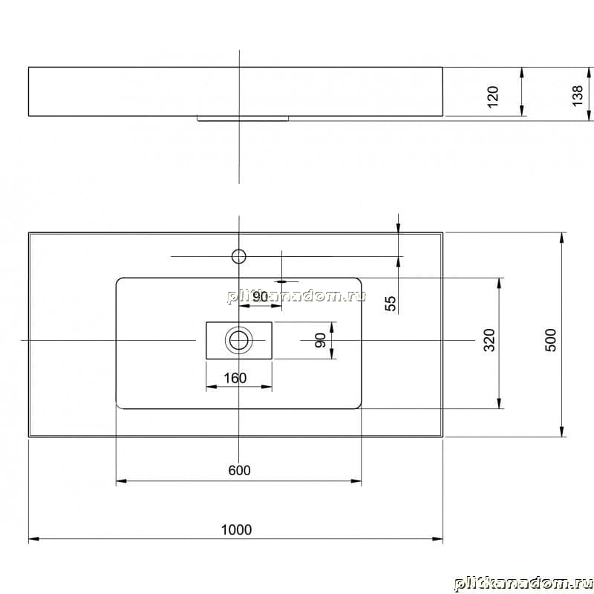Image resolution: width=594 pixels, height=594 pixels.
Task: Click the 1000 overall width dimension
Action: click(x=236, y=529)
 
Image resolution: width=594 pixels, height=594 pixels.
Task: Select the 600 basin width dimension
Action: click(x=239, y=470)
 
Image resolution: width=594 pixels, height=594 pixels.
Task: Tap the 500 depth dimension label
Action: click(x=550, y=340)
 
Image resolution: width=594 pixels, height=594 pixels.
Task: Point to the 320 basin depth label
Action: click(x=489, y=340)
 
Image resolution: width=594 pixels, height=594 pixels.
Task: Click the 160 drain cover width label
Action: click(x=235, y=378)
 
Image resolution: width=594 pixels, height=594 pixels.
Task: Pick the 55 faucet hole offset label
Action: click(x=391, y=303)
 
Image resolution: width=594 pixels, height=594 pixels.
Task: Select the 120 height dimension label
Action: click(x=493, y=97)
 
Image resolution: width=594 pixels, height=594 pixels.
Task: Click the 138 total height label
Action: click(x=578, y=96)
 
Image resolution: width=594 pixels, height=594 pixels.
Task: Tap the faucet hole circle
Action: click(x=238, y=256)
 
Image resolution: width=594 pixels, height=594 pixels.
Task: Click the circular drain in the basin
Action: click(x=238, y=340)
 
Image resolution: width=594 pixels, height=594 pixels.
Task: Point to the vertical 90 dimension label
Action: click(x=321, y=340)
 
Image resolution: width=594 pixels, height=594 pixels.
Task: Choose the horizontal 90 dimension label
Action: click(x=261, y=296)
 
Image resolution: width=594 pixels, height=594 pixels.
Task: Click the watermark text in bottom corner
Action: click(x=523, y=584)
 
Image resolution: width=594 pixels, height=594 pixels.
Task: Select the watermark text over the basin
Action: click(x=296, y=296)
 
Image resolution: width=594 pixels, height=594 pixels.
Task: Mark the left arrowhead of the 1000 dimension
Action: click(x=34, y=539)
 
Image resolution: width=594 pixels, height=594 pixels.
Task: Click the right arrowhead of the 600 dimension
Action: click(x=356, y=481)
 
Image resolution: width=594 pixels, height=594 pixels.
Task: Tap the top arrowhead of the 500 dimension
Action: click(x=561, y=238)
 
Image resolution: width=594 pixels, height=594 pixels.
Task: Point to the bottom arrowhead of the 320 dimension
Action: click(x=499, y=403)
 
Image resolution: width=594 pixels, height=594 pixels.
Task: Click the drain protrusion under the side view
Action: click(x=243, y=119)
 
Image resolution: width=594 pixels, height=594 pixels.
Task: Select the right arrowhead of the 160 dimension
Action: click(x=267, y=387)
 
